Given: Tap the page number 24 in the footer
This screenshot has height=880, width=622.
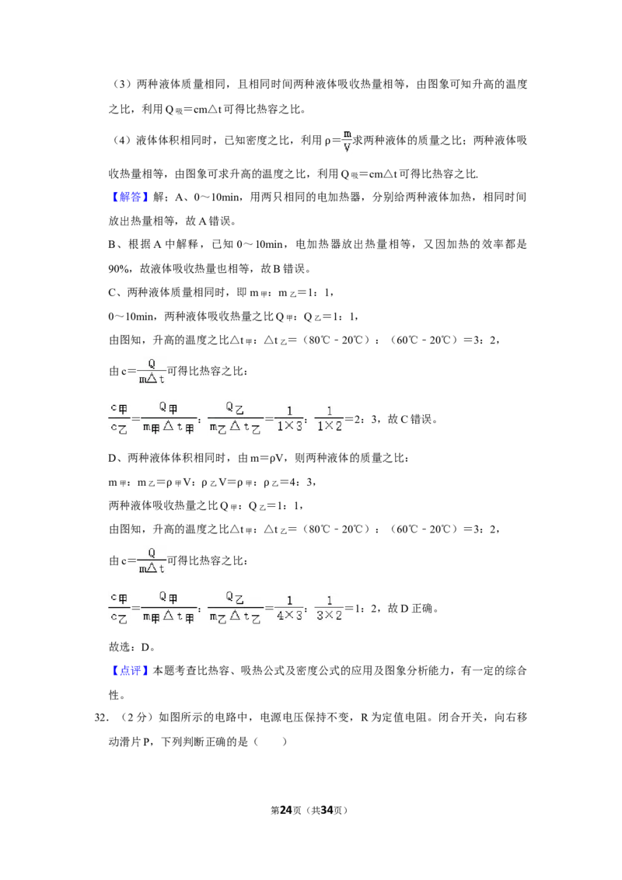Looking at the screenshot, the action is click(286, 810).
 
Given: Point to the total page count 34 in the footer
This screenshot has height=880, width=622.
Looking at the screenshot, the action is click(327, 810).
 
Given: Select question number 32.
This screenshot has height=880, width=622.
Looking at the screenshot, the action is click(101, 718).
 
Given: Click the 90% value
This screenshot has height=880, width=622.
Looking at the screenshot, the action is click(119, 269).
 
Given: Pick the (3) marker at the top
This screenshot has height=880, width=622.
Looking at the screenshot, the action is click(122, 84).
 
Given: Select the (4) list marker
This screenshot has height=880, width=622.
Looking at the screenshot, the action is click(122, 140).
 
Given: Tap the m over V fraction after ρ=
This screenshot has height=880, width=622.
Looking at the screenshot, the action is click(347, 140).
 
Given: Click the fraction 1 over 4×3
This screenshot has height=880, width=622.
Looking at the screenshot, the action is click(289, 608).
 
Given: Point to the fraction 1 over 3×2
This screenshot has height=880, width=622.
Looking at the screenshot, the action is click(329, 608).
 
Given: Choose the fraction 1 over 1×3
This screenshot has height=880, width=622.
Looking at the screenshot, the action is click(289, 419).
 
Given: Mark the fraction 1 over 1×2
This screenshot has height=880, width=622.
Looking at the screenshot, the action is click(329, 419).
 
